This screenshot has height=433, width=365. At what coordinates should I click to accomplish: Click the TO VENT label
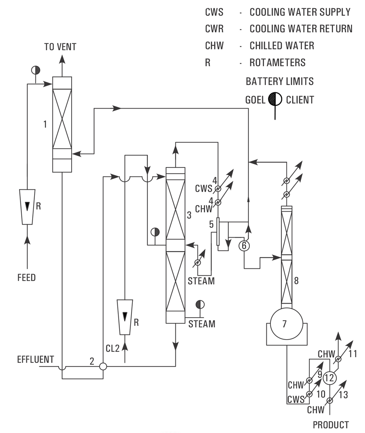click(60, 47)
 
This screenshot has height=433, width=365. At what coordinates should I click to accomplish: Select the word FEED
click(27, 277)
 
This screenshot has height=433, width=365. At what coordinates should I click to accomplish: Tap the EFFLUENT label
click(36, 360)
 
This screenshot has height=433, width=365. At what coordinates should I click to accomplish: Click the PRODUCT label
click(331, 425)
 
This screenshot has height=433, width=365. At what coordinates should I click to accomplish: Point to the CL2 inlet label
click(113, 348)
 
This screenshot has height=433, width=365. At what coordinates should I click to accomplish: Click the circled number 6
click(244, 245)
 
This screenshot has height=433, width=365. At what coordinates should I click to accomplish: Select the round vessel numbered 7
click(285, 324)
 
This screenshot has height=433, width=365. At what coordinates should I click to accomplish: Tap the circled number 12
click(329, 378)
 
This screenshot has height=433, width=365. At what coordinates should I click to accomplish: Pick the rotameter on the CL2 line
click(125, 316)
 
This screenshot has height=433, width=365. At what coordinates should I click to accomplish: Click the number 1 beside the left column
click(45, 124)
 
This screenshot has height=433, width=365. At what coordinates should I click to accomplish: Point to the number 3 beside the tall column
click(189, 215)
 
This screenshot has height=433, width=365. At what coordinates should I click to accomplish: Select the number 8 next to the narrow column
click(296, 281)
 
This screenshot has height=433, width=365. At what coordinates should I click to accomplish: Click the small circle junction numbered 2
click(103, 366)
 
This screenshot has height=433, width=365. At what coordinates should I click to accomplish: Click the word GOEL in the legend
click(255, 100)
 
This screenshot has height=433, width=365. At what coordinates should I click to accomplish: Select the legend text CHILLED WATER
click(282, 46)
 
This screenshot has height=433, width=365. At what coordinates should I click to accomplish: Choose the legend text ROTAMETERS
click(277, 63)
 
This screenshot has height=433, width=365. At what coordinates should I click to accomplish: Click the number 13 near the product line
click(343, 395)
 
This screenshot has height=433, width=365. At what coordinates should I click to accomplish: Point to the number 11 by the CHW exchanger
click(352, 354)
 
